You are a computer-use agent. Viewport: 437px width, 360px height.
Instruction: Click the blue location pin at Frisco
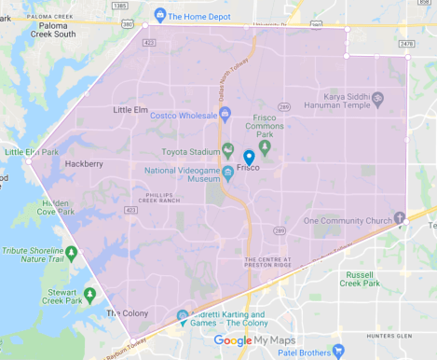(249, 158)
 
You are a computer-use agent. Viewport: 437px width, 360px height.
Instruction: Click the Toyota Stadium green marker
(226, 149)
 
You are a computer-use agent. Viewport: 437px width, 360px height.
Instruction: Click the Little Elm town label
(130, 110)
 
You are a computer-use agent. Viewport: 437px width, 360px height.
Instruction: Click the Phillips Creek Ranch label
(158, 198)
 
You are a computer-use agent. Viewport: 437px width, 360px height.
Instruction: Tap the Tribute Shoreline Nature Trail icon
(72, 251)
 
